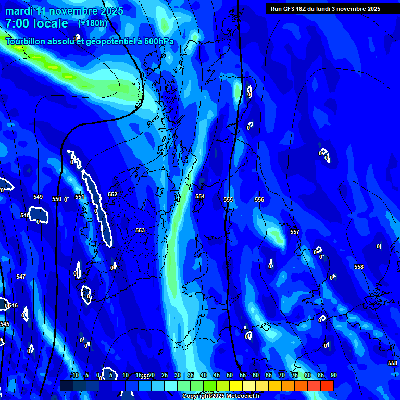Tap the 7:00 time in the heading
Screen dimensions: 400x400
pos(17,23)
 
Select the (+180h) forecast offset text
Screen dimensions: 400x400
pos(92,23)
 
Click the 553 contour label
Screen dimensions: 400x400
pos(140,230)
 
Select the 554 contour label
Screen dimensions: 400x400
pos(200,196)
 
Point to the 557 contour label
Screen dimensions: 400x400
pos(295,232)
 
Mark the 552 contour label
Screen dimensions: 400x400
pos(113,194)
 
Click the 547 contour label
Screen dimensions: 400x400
pos(21,277)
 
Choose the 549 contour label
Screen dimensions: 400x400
pos(38,197)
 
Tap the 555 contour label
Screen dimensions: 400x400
pos(228,199)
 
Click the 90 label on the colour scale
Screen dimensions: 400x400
pos(333,376)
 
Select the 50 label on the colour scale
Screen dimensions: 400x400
pos(230,376)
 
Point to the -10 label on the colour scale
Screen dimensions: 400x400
pos(74,376)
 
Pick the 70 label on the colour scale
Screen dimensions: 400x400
pos(282,376)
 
